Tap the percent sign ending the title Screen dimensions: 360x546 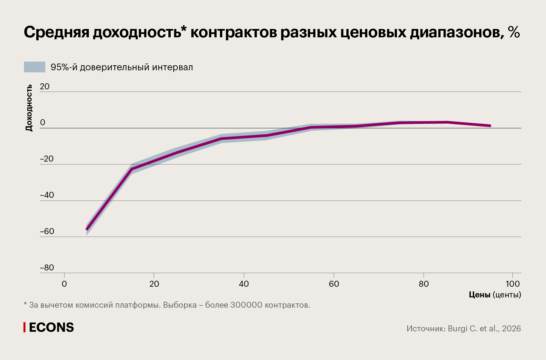tap(514, 32)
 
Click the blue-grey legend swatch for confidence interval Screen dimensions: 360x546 tap(35, 67)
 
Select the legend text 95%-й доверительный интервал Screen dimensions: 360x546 tap(121, 67)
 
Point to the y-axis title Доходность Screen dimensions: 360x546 tap(29, 108)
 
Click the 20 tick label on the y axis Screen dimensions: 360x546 tap(45, 87)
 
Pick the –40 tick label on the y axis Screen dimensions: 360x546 tap(47, 195)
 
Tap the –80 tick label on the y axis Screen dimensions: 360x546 tap(47, 268)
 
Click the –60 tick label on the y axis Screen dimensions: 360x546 tap(47, 231)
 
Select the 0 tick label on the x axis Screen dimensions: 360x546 tap(64, 284)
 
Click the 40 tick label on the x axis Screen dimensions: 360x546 tap(244, 284)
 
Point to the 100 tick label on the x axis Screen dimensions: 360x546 tap(512, 284)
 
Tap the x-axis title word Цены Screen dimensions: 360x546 tap(479, 295)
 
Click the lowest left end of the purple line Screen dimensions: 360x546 tap(87, 229)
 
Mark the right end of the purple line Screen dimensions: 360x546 tap(490, 126)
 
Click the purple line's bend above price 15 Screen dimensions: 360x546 tap(132, 169)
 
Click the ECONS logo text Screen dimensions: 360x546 tap(51, 327)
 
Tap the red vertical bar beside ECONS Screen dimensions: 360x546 tap(24, 327)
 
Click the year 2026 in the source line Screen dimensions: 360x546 tap(511, 329)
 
